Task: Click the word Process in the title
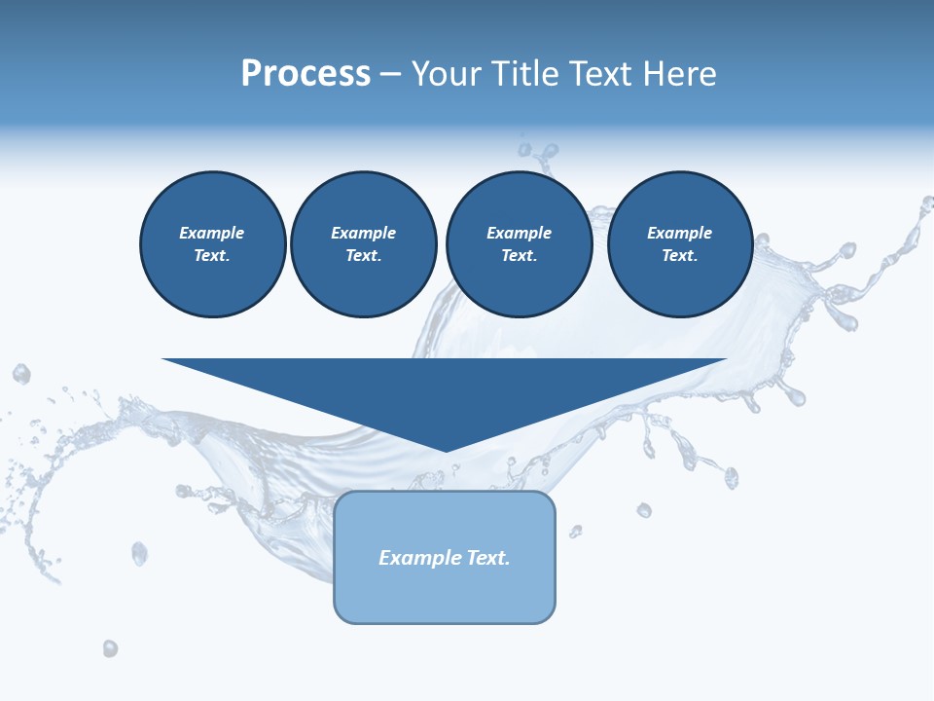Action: [305, 74]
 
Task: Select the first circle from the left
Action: [212, 243]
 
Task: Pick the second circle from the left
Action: [363, 243]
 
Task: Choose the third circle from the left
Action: [519, 243]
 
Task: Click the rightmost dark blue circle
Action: [679, 243]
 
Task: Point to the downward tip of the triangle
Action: [446, 450]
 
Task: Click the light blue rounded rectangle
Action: [445, 594]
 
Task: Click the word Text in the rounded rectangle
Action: [487, 558]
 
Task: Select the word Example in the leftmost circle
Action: [212, 233]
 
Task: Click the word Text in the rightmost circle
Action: [679, 255]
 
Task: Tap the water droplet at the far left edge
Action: [20, 373]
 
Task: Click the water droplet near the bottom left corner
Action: [110, 647]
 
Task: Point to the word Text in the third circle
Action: [519, 255]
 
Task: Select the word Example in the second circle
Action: [363, 233]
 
